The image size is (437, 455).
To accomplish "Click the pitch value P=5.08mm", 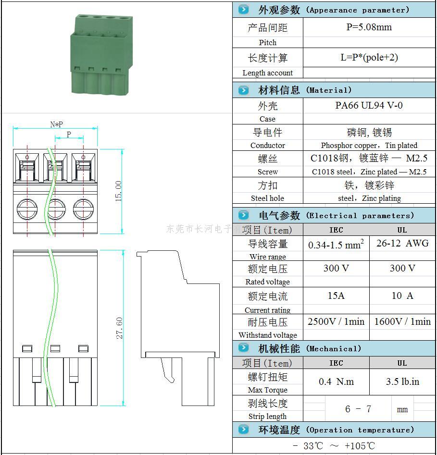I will click(369, 27).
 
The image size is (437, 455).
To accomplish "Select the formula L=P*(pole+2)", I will click(369, 58).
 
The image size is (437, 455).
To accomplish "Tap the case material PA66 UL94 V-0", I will click(369, 106).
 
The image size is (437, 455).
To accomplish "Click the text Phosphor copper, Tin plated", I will click(369, 145).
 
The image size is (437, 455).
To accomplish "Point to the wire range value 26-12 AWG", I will click(402, 243).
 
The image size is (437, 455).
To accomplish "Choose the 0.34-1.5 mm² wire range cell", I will click(336, 245).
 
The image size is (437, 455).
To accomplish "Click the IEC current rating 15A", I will click(336, 295).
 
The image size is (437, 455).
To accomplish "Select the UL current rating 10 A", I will click(402, 295).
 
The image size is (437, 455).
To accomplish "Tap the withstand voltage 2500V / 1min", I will click(336, 321).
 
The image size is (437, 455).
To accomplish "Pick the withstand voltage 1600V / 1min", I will click(402, 321).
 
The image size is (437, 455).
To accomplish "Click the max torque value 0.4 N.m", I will click(336, 381).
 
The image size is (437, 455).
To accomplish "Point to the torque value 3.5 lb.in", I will click(402, 381).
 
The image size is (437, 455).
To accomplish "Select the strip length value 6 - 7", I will click(358, 409).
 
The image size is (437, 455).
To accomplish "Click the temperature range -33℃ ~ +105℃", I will click(333, 446).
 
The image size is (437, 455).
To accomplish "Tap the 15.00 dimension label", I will click(118, 191).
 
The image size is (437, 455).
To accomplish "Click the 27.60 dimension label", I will click(119, 328).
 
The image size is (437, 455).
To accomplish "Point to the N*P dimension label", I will click(56, 124).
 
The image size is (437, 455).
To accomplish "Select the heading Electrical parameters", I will click(336, 215).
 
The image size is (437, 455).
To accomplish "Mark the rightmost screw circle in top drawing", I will click(83, 209).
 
